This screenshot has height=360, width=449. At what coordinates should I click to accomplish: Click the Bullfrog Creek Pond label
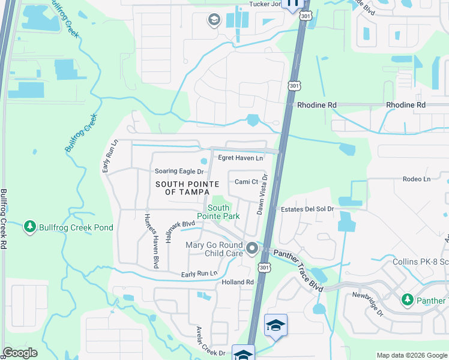click(x=76, y=227)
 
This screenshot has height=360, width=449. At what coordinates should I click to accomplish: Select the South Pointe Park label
click(x=218, y=212)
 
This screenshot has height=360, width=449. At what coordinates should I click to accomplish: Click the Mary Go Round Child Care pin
click(x=252, y=248)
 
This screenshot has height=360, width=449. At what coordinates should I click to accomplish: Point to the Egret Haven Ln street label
click(x=240, y=158)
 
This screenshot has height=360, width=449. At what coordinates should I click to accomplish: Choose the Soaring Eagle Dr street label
click(x=179, y=172)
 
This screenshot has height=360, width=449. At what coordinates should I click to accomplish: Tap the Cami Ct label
click(x=246, y=182)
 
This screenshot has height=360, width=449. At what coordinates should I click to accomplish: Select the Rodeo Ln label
click(x=417, y=179)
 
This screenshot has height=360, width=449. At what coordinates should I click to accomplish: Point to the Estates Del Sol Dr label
click(x=307, y=209)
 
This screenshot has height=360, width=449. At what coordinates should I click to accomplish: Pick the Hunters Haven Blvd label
click(x=149, y=240)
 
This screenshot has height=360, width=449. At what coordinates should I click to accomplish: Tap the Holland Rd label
click(x=238, y=282)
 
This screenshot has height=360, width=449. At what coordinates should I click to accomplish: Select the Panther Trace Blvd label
click(x=298, y=271)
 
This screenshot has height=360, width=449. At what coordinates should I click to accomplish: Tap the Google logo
click(x=20, y=353)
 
